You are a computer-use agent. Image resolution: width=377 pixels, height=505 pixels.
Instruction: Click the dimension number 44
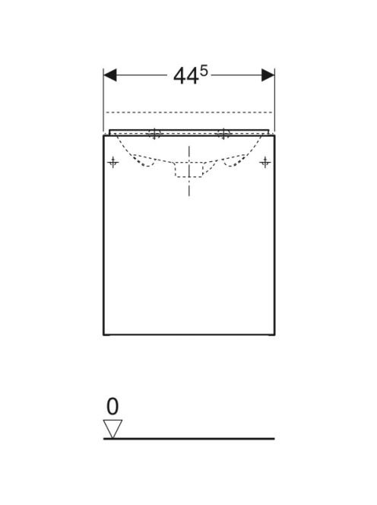[185, 77]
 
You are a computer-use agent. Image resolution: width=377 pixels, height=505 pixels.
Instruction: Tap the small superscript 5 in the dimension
[204, 71]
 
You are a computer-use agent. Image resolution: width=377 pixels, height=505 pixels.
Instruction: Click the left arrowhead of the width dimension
[109, 75]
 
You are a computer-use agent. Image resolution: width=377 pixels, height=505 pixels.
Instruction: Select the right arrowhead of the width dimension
[268, 75]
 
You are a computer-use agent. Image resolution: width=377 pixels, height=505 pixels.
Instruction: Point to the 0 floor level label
[112, 406]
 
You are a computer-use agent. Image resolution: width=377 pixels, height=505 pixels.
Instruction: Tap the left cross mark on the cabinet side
[112, 162]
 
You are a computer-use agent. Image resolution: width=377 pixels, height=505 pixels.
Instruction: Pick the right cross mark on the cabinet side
[265, 162]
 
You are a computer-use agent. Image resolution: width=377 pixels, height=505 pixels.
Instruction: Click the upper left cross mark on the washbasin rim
[154, 133]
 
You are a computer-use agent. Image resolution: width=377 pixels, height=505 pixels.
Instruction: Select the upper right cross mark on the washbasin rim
[223, 133]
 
